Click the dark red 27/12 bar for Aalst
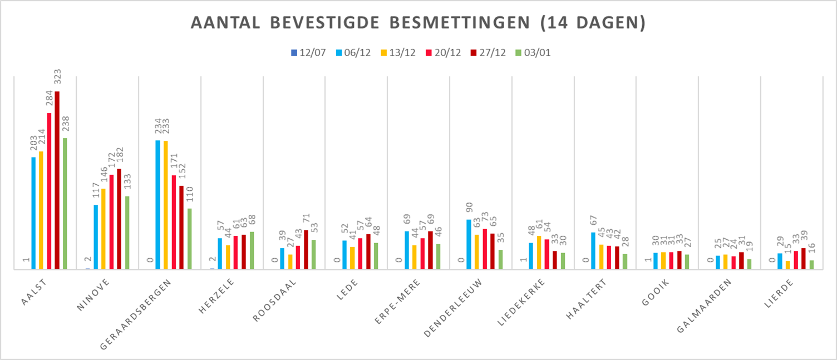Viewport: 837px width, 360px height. (x=57, y=180)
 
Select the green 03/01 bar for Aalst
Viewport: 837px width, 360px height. (x=65, y=204)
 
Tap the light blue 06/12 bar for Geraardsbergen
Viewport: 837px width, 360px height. (x=158, y=205)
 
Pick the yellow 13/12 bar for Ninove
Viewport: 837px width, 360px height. (x=104, y=229)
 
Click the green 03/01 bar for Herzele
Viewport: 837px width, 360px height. (x=252, y=250)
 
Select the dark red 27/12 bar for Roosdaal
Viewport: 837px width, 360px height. (x=306, y=249)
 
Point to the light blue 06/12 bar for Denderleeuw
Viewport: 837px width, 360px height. (x=469, y=244)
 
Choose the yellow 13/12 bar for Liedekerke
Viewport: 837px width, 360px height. (x=539, y=253)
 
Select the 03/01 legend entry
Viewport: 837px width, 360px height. (x=535, y=53)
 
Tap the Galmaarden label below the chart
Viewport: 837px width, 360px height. (x=708, y=305)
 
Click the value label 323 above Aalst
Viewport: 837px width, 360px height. (x=57, y=78)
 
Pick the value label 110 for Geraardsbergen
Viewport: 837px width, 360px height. (x=190, y=196)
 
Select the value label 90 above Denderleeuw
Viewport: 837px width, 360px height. (x=469, y=210)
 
